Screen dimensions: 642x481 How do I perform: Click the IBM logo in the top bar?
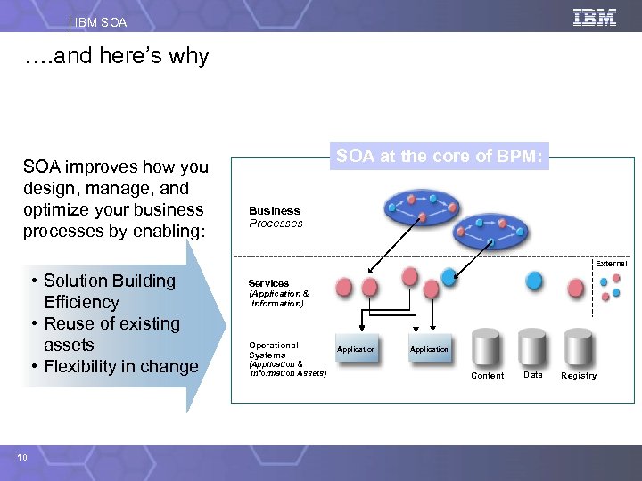(x=595, y=17)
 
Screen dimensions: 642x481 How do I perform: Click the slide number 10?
(x=21, y=457)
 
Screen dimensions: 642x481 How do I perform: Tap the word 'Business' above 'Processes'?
(x=275, y=211)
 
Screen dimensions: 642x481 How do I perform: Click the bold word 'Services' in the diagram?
(x=268, y=283)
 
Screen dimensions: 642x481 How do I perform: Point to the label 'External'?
(x=612, y=264)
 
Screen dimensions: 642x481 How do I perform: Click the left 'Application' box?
(x=356, y=349)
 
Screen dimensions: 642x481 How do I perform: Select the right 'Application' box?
(x=429, y=349)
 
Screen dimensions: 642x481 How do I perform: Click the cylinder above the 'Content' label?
(x=487, y=348)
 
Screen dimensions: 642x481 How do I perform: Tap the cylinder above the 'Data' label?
(x=532, y=348)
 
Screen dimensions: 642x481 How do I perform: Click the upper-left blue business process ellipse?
(x=422, y=208)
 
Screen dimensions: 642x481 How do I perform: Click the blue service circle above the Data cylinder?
(x=533, y=281)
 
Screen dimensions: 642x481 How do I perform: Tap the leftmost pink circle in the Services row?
(x=345, y=286)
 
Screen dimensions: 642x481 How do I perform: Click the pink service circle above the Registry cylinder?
(x=576, y=287)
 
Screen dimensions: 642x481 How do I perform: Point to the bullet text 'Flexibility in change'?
(x=120, y=366)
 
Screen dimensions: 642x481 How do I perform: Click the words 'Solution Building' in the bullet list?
(x=110, y=281)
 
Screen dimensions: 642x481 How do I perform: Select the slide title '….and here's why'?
(x=117, y=56)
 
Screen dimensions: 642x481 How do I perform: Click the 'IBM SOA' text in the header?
(x=102, y=21)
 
